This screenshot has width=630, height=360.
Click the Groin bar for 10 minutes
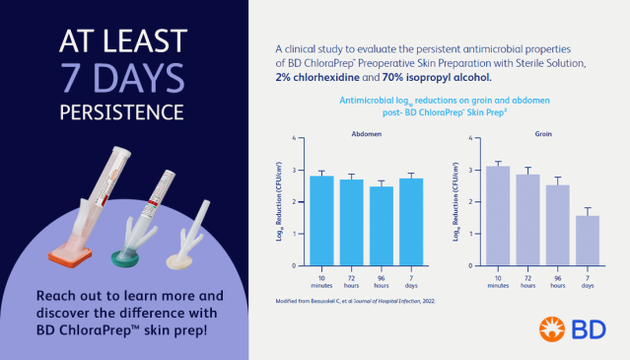(x=499, y=215)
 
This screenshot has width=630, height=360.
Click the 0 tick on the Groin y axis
(x=473, y=265)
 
